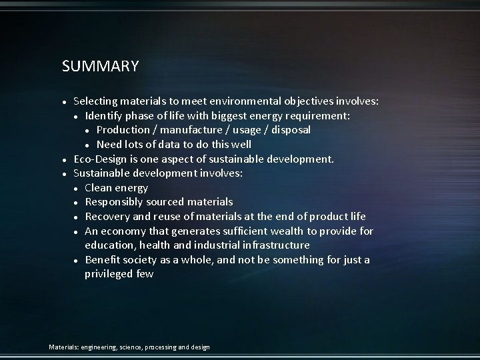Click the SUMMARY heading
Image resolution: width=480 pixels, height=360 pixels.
tap(100, 67)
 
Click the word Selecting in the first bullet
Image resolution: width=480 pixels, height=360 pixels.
tap(95, 101)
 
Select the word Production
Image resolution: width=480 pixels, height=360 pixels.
tap(123, 130)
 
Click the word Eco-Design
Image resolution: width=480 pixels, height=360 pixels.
tap(101, 159)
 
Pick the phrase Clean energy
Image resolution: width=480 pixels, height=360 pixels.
tap(116, 188)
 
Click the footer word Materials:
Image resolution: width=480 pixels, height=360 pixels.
tap(64, 347)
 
